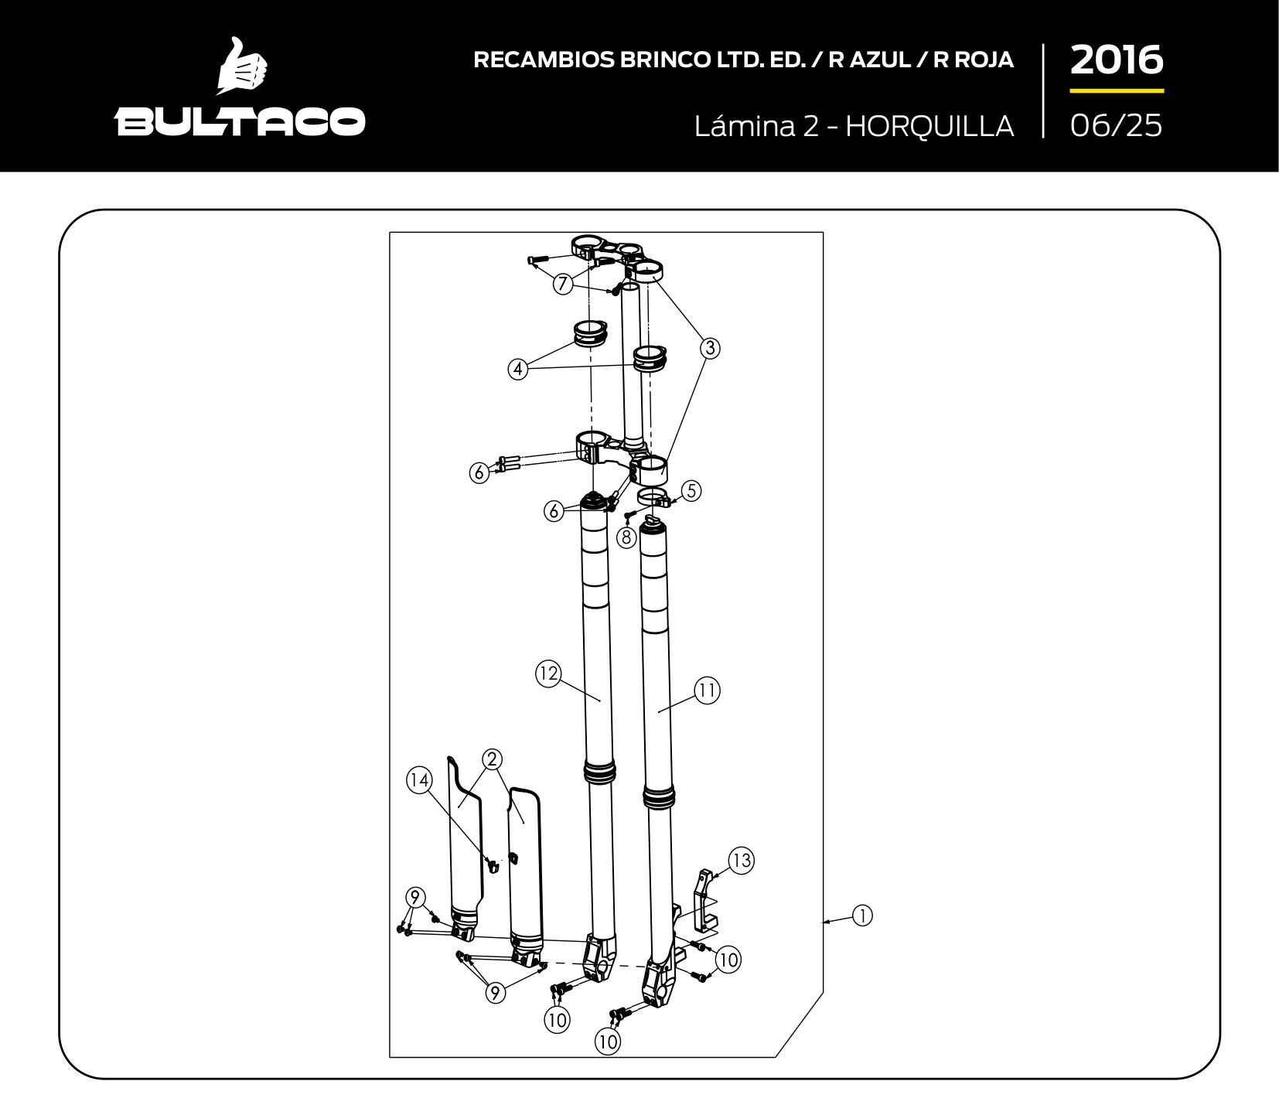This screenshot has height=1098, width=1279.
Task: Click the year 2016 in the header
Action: click(x=1117, y=60)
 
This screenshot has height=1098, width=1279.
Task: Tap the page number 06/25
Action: click(x=1117, y=125)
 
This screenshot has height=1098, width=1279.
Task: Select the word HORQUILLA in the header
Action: click(x=929, y=125)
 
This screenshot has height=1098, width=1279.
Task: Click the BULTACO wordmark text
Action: click(x=240, y=121)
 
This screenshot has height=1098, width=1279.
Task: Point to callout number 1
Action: click(x=862, y=916)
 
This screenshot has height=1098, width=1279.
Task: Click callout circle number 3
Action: click(x=710, y=348)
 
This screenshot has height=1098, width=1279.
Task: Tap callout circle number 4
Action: click(x=518, y=369)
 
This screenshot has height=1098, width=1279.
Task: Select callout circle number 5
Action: click(x=691, y=490)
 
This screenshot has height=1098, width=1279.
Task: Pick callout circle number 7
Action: click(x=563, y=285)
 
